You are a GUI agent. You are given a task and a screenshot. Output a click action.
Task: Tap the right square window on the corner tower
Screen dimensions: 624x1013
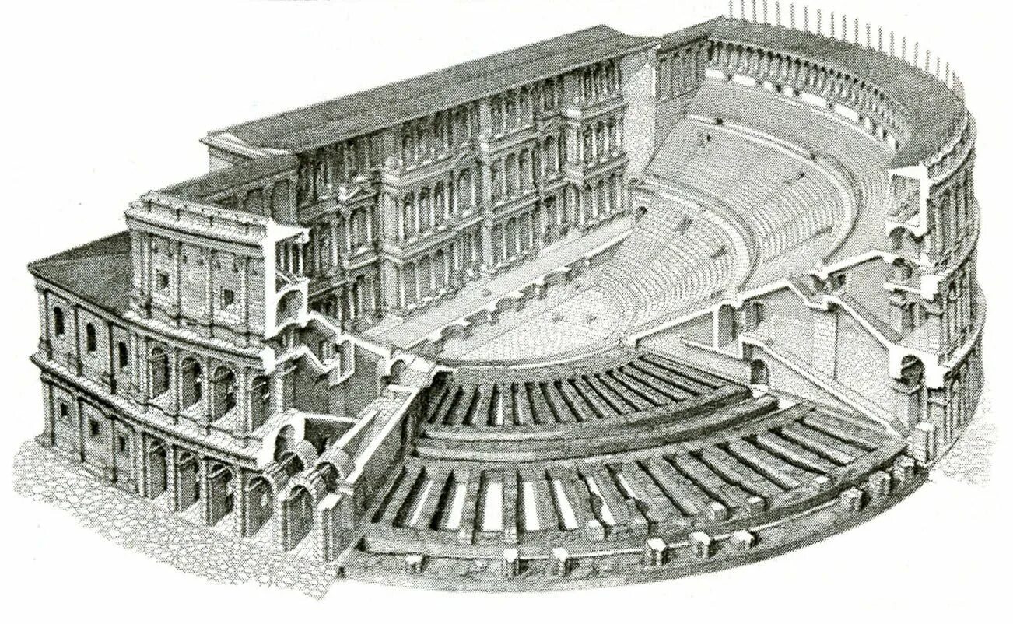click(228, 296)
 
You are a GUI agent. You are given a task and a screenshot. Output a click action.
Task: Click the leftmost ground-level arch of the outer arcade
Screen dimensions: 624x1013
click(155, 468)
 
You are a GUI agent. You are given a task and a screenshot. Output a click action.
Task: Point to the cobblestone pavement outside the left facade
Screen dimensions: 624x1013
click(70, 498)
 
